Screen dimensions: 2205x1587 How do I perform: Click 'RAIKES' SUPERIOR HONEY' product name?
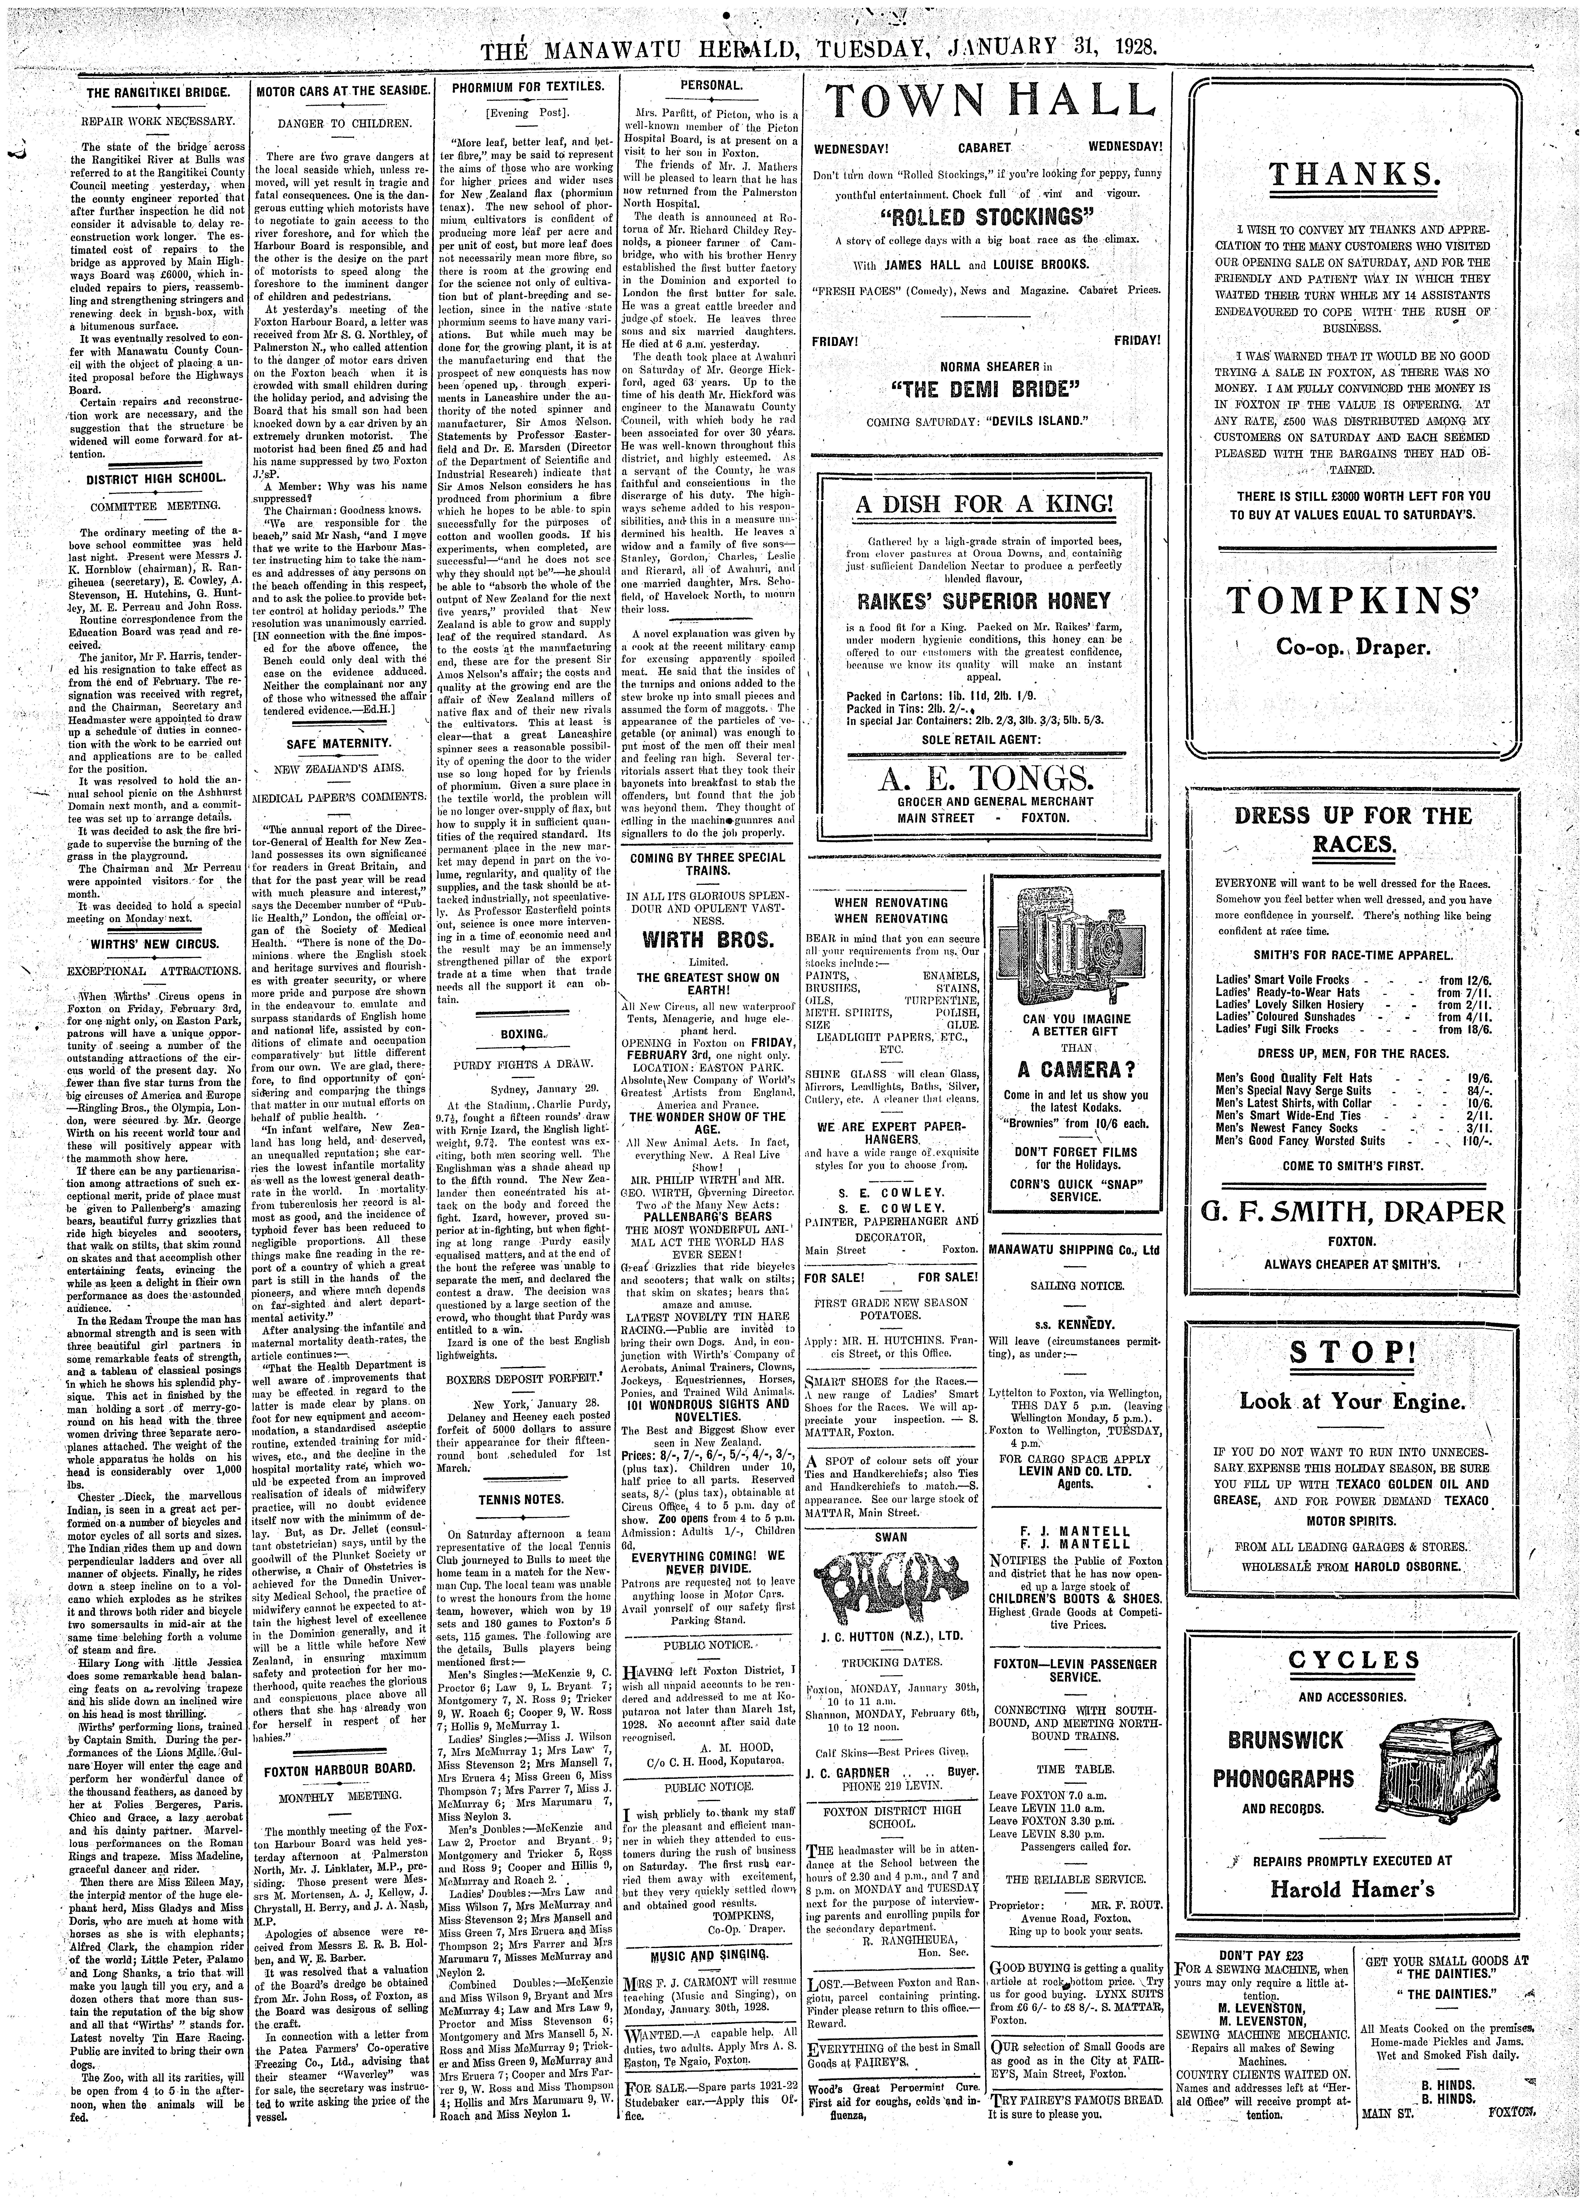985,600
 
